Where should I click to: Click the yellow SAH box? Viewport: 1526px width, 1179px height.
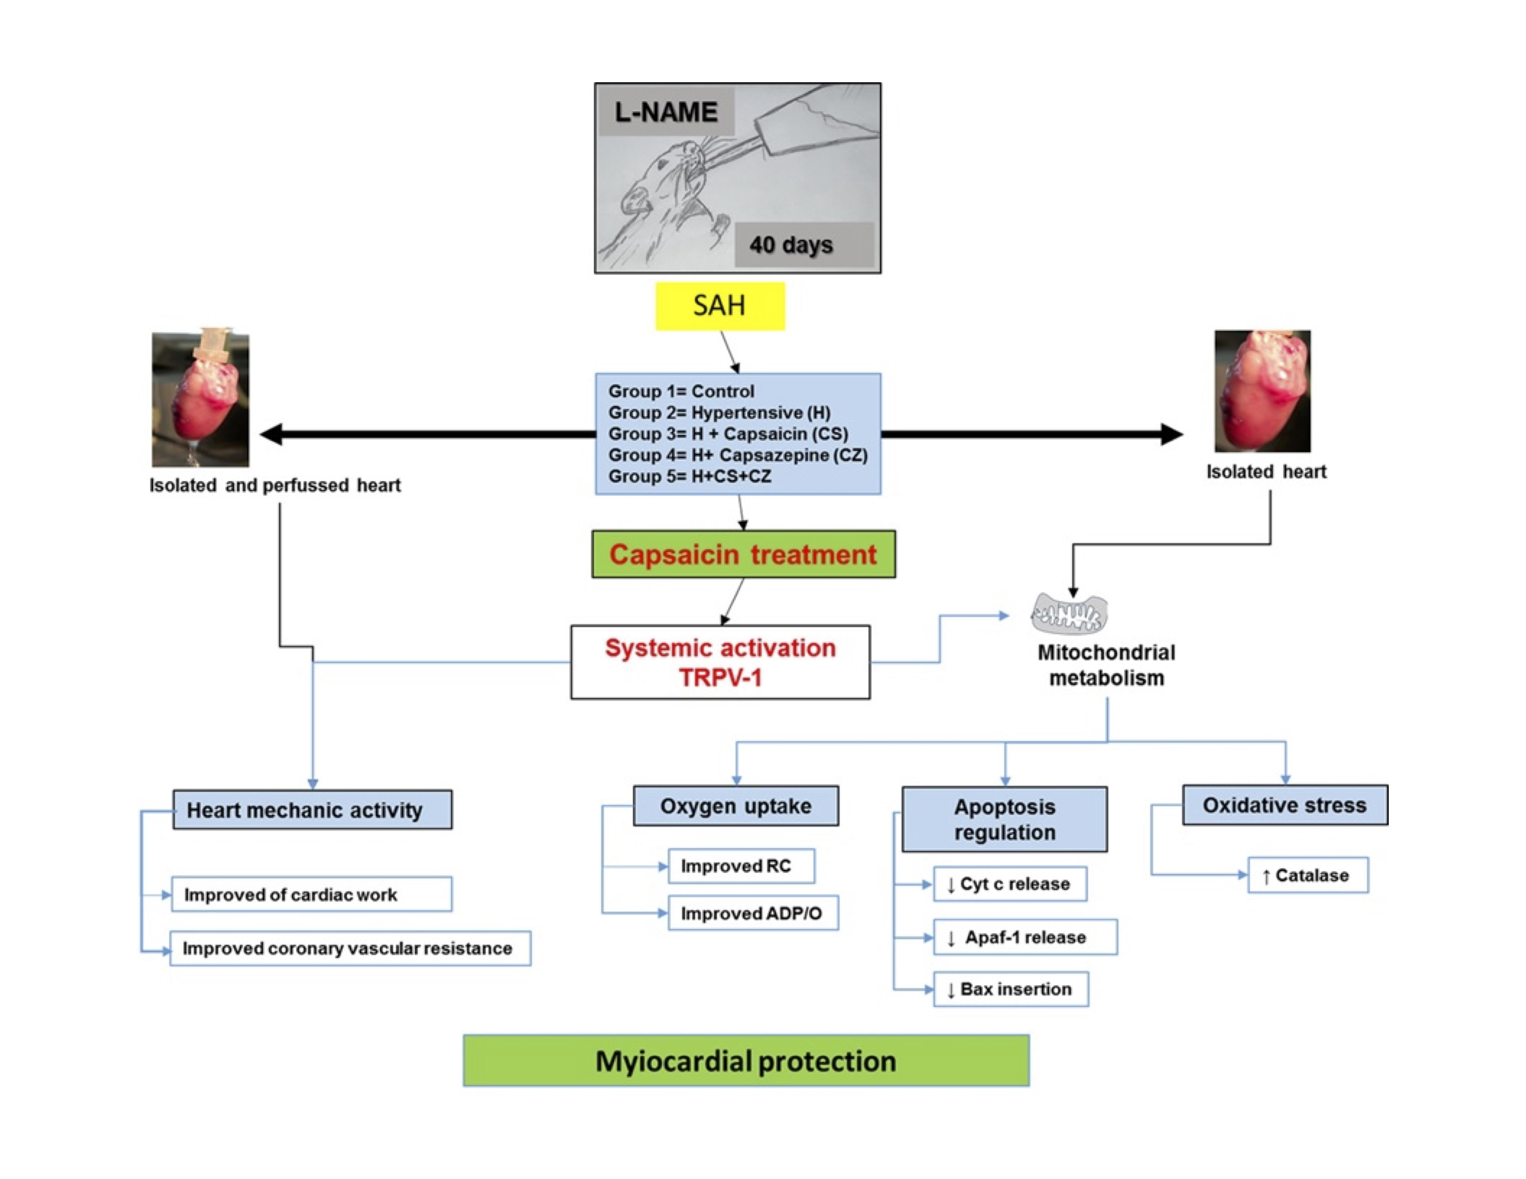click(720, 306)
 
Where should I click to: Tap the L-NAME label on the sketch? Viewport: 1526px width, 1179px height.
click(666, 112)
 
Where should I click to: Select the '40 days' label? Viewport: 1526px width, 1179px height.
click(791, 244)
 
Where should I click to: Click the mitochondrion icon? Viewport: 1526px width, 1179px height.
click(1069, 613)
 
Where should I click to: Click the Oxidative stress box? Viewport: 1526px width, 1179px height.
click(1284, 805)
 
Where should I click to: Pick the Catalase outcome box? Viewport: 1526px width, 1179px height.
click(1307, 875)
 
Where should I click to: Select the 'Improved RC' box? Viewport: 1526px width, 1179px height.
click(741, 866)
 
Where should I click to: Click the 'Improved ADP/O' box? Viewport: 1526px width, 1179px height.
click(752, 913)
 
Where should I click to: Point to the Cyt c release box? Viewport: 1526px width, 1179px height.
click(1010, 884)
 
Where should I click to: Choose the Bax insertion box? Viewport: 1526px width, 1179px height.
click(1010, 989)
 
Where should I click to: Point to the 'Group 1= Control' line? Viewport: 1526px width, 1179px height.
click(681, 391)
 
